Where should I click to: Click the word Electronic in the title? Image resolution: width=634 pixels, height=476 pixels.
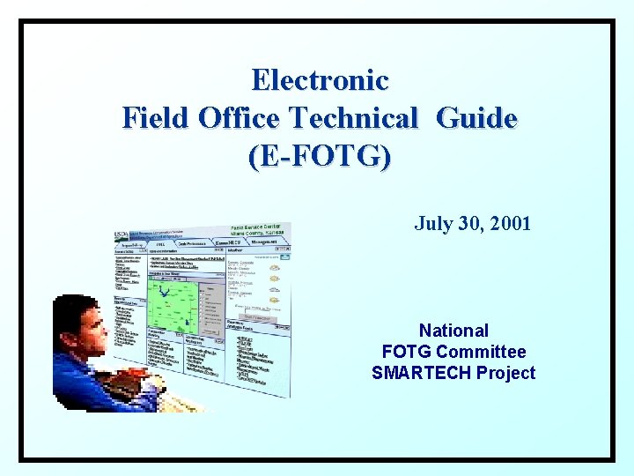pyautogui.click(x=320, y=80)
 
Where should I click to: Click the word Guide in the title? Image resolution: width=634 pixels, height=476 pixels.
pyautogui.click(x=476, y=117)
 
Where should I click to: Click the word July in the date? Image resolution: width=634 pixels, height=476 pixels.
pyautogui.click(x=431, y=224)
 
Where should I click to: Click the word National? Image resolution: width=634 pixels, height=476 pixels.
pyautogui.click(x=453, y=331)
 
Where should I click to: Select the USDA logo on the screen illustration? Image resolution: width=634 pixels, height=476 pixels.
pyautogui.click(x=122, y=235)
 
